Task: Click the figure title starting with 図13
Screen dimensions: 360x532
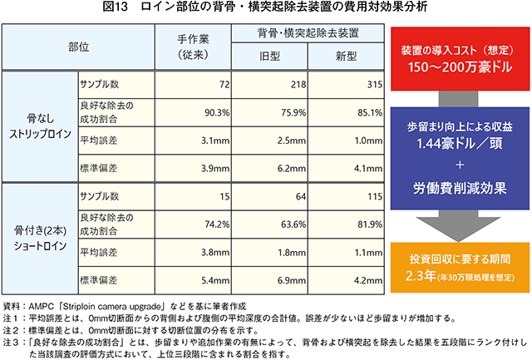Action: pyautogui.click(x=265, y=10)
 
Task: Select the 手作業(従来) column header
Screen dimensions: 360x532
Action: pyautogui.click(x=197, y=48)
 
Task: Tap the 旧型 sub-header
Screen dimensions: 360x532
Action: pyautogui.click(x=272, y=57)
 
